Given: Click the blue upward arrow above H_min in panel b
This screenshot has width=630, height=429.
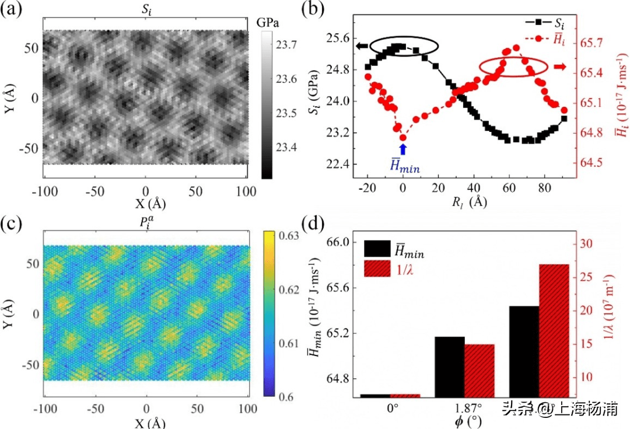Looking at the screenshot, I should coord(402,149).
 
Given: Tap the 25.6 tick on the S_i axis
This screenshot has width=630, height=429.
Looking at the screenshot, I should coord(345,38).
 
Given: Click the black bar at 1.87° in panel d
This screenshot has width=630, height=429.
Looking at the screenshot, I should coord(449,367).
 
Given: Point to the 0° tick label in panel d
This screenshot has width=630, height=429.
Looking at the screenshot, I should coord(392,408).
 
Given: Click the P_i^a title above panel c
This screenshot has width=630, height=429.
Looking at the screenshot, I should coord(146,220).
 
